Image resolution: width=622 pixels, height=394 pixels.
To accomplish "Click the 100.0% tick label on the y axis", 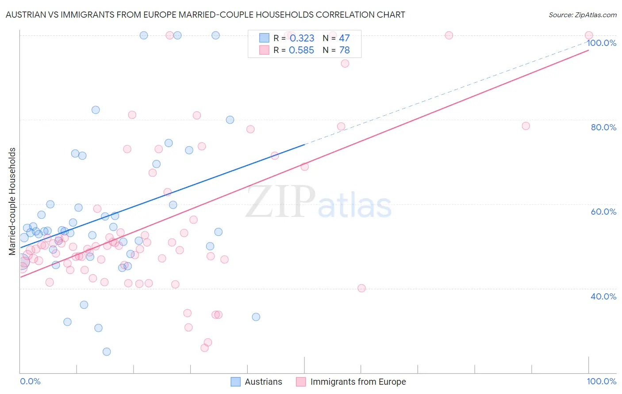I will click(601, 43).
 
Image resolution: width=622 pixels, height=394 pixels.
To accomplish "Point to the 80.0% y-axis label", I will click(603, 127).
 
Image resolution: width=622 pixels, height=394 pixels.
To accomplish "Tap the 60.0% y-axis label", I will click(603, 212).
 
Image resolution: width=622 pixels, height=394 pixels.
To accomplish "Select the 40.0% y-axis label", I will click(603, 296).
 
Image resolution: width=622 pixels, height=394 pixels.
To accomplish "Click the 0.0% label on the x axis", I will click(30, 381).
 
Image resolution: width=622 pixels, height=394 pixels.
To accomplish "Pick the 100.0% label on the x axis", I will click(601, 381).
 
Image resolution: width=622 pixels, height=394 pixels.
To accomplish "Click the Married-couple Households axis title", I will click(12, 201).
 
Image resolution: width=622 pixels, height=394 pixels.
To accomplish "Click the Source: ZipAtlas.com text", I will click(582, 15).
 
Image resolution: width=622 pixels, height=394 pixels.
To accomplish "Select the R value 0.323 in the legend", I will click(302, 38).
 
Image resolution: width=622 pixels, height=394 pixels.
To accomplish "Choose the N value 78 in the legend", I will click(344, 50).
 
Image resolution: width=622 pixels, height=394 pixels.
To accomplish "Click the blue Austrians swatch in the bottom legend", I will click(236, 382).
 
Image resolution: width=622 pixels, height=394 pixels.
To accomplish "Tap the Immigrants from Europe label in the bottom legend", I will click(358, 382).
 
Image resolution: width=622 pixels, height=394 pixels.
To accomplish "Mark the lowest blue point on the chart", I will click(107, 352).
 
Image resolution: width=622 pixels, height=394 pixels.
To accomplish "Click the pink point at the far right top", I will click(588, 35).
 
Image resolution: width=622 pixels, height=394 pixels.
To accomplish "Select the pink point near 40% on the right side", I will click(361, 288).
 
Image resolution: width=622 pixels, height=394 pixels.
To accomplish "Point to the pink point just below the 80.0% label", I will click(526, 126).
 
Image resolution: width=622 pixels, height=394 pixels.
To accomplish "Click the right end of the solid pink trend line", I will click(588, 50).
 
